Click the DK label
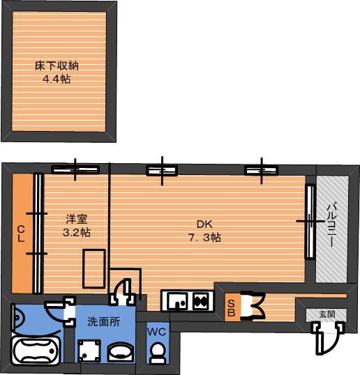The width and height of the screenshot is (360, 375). point(203,224)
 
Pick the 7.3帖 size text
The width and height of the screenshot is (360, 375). point(204,237)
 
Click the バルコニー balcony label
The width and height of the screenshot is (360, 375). point(332,229)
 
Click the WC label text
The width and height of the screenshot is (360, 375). point(157,332)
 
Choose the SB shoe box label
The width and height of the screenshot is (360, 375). point(230,307)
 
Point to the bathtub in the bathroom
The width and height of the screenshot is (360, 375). point(34,349)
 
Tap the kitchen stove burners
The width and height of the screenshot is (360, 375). point(200,302)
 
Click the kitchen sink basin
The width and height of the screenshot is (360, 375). point(177,301)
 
